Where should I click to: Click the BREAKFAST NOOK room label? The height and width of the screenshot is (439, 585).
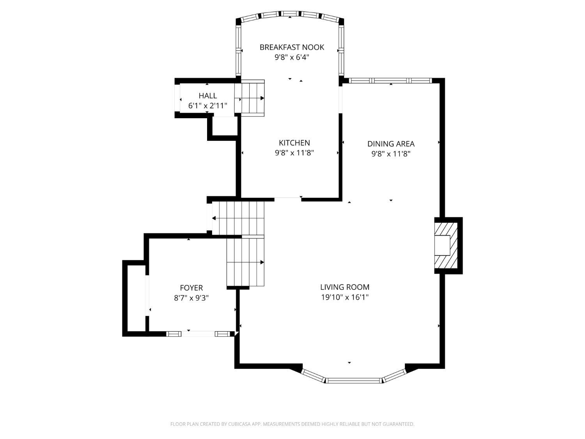tap(292, 48)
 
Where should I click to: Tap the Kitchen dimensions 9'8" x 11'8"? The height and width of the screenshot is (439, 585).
tap(294, 153)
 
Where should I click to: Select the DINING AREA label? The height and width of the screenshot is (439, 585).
tap(391, 144)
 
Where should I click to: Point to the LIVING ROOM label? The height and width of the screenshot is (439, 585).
tap(345, 287)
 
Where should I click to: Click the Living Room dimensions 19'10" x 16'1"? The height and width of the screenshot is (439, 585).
tap(345, 297)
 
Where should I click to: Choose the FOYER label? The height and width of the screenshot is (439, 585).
tap(191, 288)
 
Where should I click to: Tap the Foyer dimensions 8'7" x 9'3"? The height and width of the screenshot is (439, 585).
tap(191, 298)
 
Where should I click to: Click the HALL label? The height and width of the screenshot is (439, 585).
tap(207, 96)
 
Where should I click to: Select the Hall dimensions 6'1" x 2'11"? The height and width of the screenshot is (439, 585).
tap(207, 106)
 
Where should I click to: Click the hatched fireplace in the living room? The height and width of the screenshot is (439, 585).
tap(446, 245)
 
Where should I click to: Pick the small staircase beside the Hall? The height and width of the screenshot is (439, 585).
tap(249, 98)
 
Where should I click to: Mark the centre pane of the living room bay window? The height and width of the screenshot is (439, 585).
tap(354, 380)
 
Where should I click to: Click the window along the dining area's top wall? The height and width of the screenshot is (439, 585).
tap(390, 80)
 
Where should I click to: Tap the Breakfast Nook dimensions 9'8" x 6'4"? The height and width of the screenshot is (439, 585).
tap(292, 57)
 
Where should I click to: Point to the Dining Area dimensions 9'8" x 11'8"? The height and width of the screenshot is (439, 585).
tap(391, 154)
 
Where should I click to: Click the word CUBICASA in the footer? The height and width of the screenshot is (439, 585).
tap(239, 424)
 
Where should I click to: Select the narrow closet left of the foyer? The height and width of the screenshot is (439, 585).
tap(136, 299)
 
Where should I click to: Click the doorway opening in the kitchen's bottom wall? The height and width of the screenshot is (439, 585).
tap(288, 199)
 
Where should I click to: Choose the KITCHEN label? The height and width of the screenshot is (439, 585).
tap(294, 143)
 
